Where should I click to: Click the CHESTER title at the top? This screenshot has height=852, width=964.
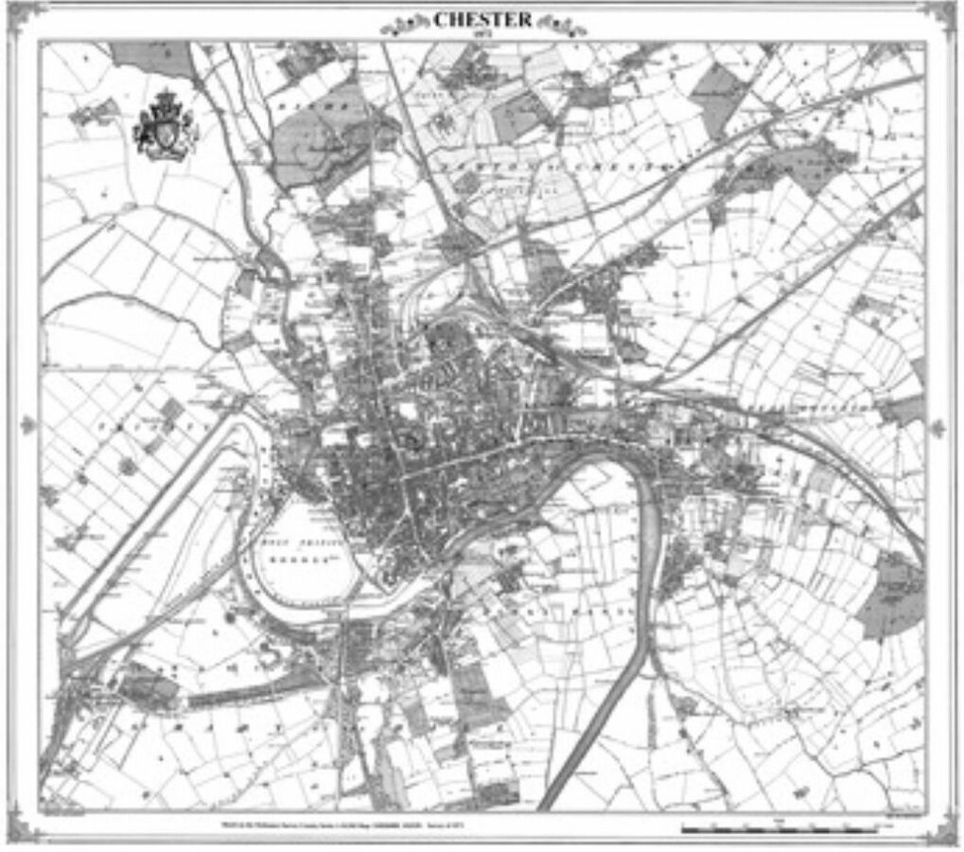click(x=482, y=19)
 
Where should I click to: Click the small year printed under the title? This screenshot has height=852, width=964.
click(x=482, y=34)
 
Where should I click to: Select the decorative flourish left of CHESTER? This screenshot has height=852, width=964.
click(x=405, y=24)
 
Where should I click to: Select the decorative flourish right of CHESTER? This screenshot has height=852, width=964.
click(x=562, y=24)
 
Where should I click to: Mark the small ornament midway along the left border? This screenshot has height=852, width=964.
click(x=26, y=425)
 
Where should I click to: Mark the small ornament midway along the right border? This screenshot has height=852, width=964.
click(x=938, y=428)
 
